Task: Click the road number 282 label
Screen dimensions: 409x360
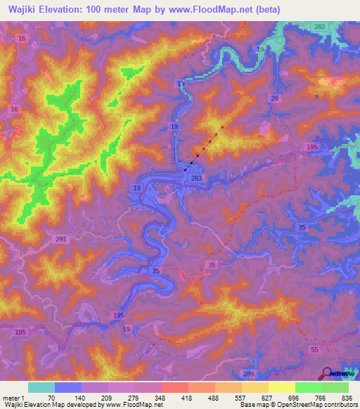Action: (319, 26)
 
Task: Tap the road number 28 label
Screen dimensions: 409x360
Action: (275, 99)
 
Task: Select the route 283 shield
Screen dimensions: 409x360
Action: (196, 179)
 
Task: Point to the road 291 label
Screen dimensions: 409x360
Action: (61, 240)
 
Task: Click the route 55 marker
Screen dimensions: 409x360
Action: (314, 349)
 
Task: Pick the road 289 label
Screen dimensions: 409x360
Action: (247, 375)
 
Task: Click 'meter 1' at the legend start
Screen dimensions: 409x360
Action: (13, 397)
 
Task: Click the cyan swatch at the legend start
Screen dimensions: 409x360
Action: (41, 387)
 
